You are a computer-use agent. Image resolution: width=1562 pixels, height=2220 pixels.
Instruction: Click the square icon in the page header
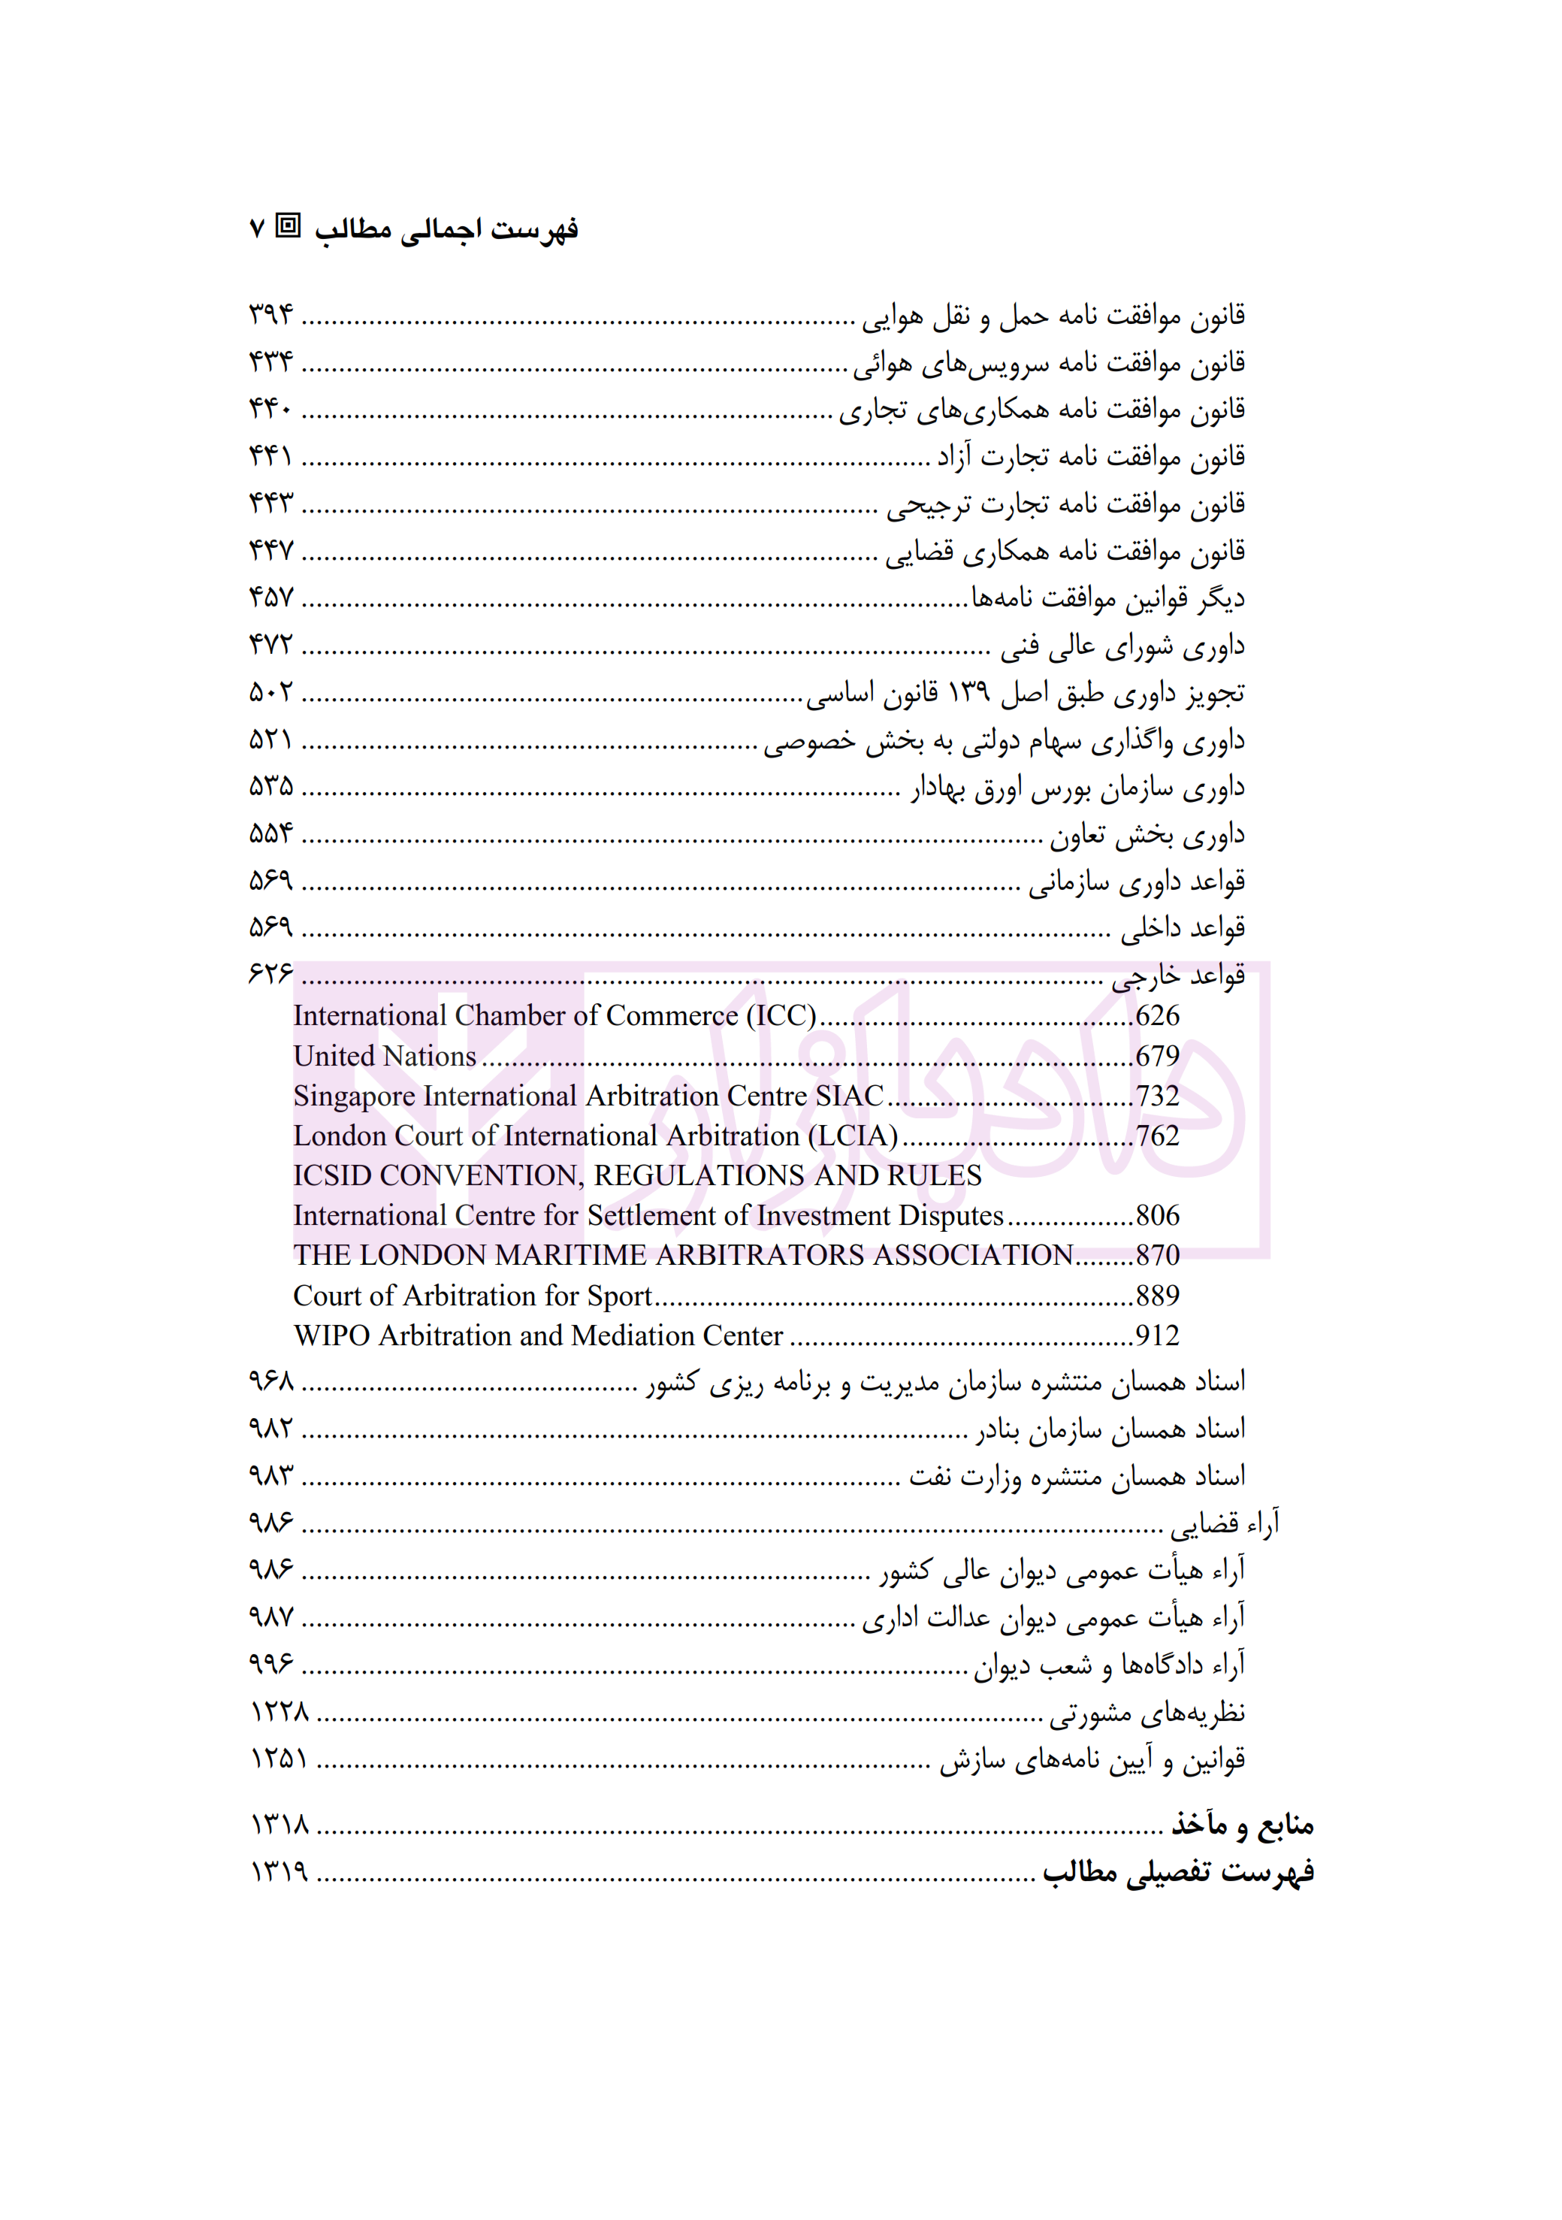click(288, 226)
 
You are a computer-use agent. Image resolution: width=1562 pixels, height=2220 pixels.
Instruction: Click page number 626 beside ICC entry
click(1157, 1016)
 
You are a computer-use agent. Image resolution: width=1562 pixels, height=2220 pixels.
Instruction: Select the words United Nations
click(385, 1056)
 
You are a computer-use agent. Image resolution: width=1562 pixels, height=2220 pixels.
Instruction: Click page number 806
click(1157, 1215)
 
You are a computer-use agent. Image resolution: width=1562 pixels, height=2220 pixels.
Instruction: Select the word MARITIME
click(584, 1255)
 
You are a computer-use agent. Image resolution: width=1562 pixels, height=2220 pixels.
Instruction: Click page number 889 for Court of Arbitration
click(1157, 1296)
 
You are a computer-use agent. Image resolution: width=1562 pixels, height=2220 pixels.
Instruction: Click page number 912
click(1157, 1335)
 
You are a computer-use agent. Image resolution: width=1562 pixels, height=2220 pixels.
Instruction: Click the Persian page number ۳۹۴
click(270, 314)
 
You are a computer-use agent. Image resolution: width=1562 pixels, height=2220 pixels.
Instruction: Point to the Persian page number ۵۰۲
click(270, 692)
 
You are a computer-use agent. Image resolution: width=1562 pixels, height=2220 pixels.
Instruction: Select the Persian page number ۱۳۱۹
click(279, 1872)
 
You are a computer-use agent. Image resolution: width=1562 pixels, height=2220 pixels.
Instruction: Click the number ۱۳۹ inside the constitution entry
click(968, 692)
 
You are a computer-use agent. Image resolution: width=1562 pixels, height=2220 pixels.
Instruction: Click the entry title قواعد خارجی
click(1177, 976)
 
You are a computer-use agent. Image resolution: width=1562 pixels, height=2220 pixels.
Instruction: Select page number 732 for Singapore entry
click(1157, 1096)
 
